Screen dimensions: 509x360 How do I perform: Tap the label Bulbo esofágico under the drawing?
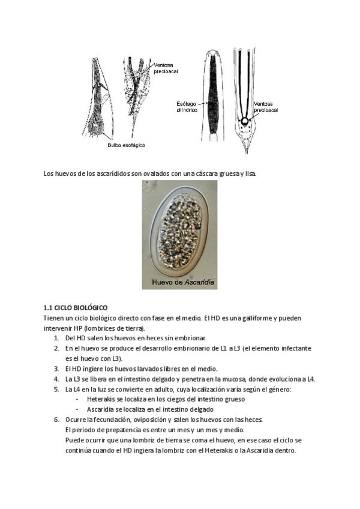click(x=126, y=145)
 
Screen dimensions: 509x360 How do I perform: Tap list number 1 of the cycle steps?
click(x=56, y=338)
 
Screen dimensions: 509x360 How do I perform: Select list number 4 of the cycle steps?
click(x=56, y=379)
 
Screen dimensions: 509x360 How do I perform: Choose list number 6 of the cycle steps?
click(x=56, y=420)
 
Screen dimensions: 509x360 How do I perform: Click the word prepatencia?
click(x=116, y=430)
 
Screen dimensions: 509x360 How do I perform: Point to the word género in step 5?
click(x=277, y=389)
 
